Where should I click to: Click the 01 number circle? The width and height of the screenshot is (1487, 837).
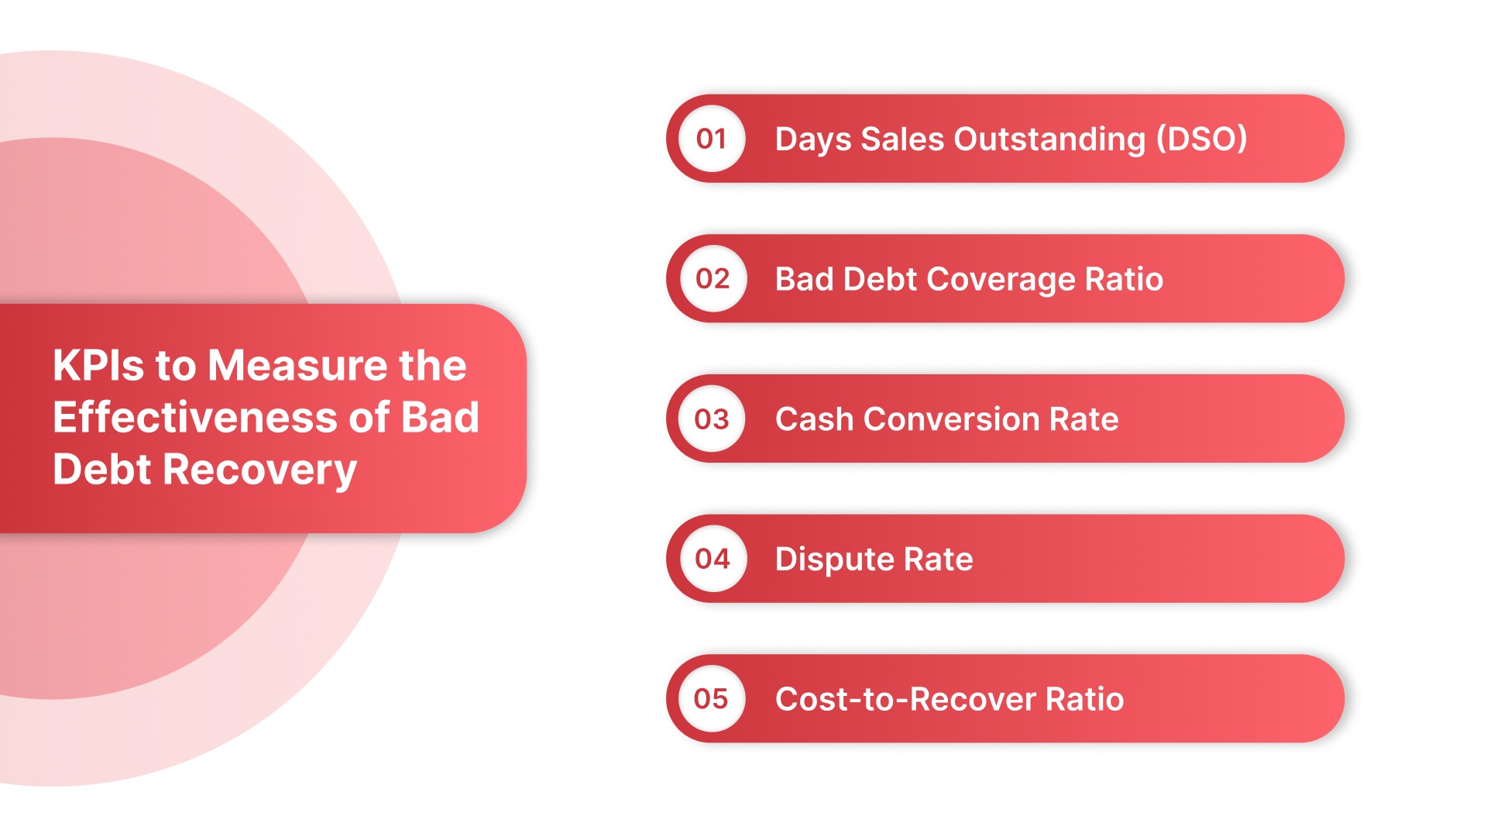point(712,139)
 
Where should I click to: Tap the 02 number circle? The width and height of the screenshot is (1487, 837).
point(713,279)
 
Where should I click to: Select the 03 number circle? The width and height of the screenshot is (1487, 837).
point(712,419)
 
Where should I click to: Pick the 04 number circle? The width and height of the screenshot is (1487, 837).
point(713,559)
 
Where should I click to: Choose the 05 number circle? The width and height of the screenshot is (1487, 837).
point(712,699)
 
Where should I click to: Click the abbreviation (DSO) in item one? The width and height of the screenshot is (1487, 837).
point(1201,139)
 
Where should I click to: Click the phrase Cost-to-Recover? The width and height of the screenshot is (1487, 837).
point(905,699)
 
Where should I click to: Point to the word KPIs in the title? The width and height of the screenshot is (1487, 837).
point(98,365)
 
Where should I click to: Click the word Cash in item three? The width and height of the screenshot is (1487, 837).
point(814,419)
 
